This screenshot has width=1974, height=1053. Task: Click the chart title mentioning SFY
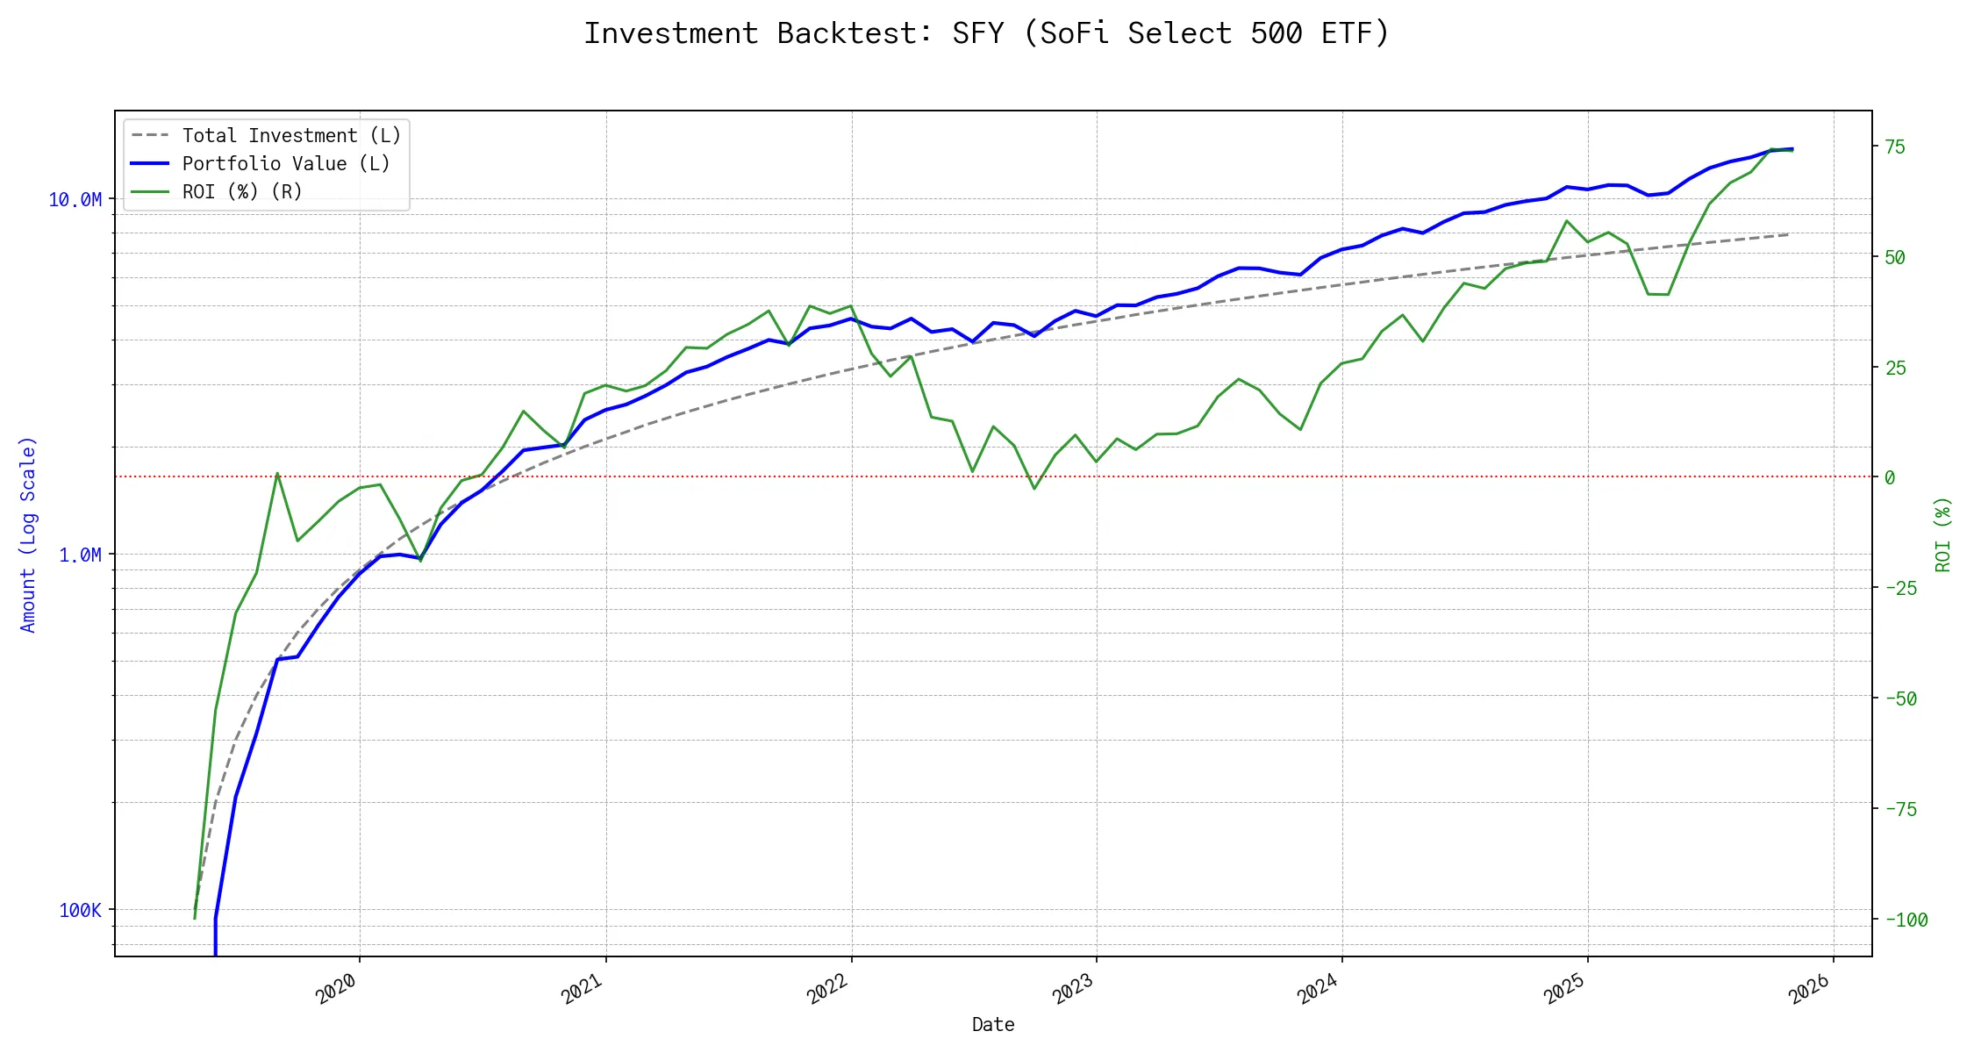987,33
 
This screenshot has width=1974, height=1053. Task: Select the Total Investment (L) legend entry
291,136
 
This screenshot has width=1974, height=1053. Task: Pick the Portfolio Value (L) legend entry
286,164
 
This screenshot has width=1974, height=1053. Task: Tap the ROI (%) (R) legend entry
242,192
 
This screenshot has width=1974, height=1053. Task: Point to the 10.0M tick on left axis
75,200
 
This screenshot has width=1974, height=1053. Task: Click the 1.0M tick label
80,555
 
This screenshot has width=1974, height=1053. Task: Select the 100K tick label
80,911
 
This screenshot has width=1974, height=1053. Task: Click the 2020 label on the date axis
337,989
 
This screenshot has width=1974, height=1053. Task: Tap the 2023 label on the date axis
1073,989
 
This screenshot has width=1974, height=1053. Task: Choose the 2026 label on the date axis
1810,989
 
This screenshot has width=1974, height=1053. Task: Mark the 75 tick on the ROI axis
1896,147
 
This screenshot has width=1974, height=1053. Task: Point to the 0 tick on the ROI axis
1891,478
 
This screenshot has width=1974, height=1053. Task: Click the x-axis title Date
993,1025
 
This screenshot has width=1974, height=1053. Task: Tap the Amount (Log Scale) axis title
28,534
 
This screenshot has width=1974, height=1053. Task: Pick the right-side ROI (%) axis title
1943,534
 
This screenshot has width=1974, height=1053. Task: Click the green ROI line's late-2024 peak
1567,220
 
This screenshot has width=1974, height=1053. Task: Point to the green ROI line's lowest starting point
195,919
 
